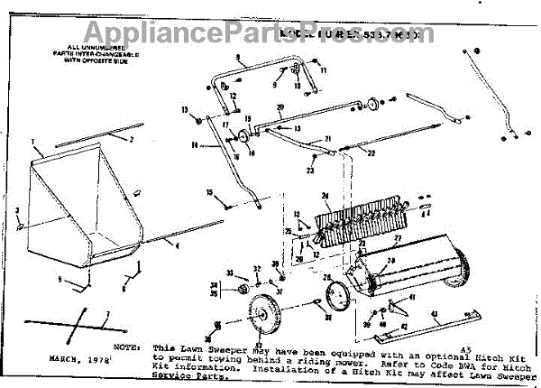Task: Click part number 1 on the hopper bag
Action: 33,142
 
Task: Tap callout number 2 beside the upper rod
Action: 130,140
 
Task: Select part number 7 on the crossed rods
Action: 107,314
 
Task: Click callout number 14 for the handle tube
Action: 194,144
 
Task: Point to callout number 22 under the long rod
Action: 371,154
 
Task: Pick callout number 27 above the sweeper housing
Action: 397,237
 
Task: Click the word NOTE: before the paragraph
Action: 129,346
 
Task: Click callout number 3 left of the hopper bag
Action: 16,210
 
